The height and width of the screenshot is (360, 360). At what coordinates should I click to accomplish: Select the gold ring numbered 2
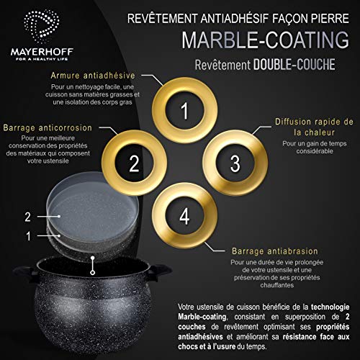(133, 163)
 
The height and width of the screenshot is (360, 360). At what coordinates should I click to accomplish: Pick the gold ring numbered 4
(184, 214)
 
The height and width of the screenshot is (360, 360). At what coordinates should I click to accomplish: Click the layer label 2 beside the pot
(27, 216)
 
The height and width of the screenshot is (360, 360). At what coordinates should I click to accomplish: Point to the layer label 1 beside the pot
(27, 235)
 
